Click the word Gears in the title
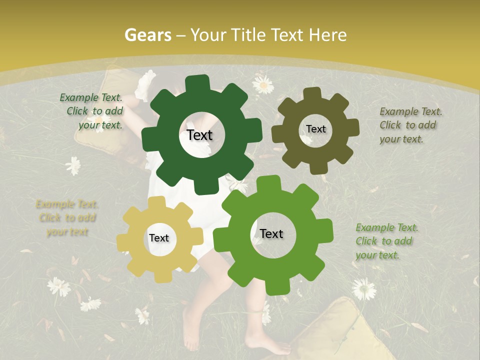point(147,35)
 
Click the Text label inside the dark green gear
point(199,135)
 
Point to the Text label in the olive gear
point(315,129)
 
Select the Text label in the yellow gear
point(159,238)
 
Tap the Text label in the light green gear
point(271,233)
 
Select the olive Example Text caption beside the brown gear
point(410,125)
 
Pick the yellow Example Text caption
point(67,218)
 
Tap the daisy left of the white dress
point(73,165)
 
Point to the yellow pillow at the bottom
point(340,330)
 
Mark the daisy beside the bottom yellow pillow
point(363,288)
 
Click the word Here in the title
point(327,35)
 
